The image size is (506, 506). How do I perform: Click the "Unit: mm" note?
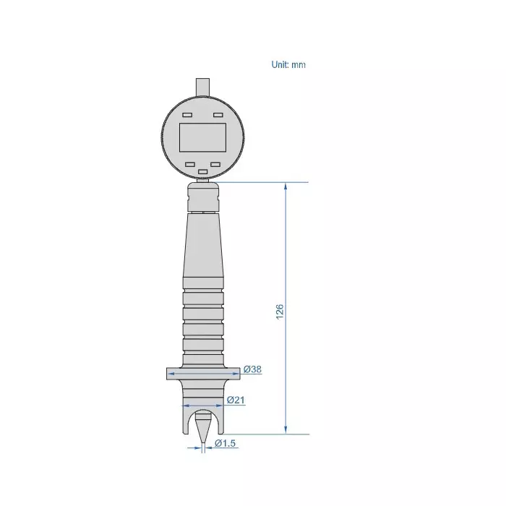tap(288, 65)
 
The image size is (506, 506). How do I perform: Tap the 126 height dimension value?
tap(280, 310)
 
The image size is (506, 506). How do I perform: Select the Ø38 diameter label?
tap(252, 369)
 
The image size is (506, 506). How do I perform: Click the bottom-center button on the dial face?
tap(202, 172)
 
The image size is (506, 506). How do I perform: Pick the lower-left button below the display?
tap(190, 164)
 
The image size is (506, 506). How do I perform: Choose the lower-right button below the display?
tap(215, 164)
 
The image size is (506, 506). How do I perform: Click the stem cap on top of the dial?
tap(203, 85)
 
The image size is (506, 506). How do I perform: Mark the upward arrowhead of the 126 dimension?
tap(286, 187)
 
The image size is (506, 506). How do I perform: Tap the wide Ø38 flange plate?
tap(202, 373)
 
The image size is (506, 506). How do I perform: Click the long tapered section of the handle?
tap(203, 246)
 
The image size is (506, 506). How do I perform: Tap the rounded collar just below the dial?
tap(203, 195)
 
